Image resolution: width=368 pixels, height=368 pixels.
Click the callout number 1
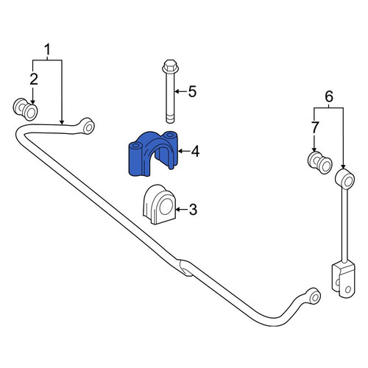47,49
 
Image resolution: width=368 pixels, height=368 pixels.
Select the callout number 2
34,79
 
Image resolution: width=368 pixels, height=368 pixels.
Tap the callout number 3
193,210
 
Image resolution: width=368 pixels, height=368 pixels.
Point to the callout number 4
195,152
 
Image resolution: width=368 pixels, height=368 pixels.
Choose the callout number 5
193,91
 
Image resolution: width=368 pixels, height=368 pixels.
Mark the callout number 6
329,96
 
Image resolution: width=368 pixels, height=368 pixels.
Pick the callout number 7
315,127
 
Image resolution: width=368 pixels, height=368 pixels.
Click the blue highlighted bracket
152,153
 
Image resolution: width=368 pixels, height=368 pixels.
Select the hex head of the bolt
171,66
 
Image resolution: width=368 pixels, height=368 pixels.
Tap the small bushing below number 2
25,109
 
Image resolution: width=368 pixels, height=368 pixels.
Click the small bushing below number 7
319,163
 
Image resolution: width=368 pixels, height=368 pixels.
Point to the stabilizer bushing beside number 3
160,205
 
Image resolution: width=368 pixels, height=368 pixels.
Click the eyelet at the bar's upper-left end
88,127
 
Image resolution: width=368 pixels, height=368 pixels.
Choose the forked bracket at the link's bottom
343,280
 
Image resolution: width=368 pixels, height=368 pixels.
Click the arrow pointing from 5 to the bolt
180,92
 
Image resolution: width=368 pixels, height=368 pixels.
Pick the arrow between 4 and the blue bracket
183,151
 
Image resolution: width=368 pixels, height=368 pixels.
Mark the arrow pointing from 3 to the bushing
181,210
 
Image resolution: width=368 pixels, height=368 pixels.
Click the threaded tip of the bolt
171,119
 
